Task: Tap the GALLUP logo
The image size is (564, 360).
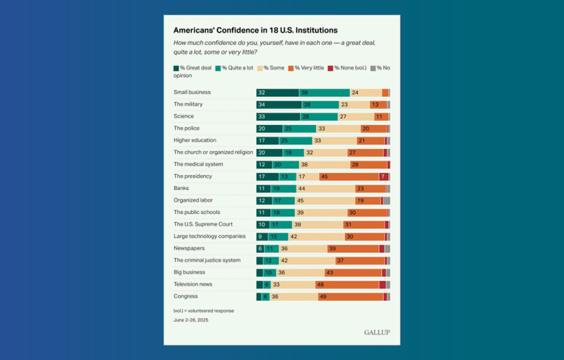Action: click(377, 333)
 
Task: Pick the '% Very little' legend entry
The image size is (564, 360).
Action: click(307, 68)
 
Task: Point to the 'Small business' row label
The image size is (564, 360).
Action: click(192, 93)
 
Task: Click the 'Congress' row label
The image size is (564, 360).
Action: click(185, 296)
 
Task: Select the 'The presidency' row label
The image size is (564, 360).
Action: click(193, 176)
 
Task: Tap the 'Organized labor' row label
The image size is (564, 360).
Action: click(193, 200)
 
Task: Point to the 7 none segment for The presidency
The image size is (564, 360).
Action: click(383, 176)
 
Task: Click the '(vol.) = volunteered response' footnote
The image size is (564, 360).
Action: click(204, 310)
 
